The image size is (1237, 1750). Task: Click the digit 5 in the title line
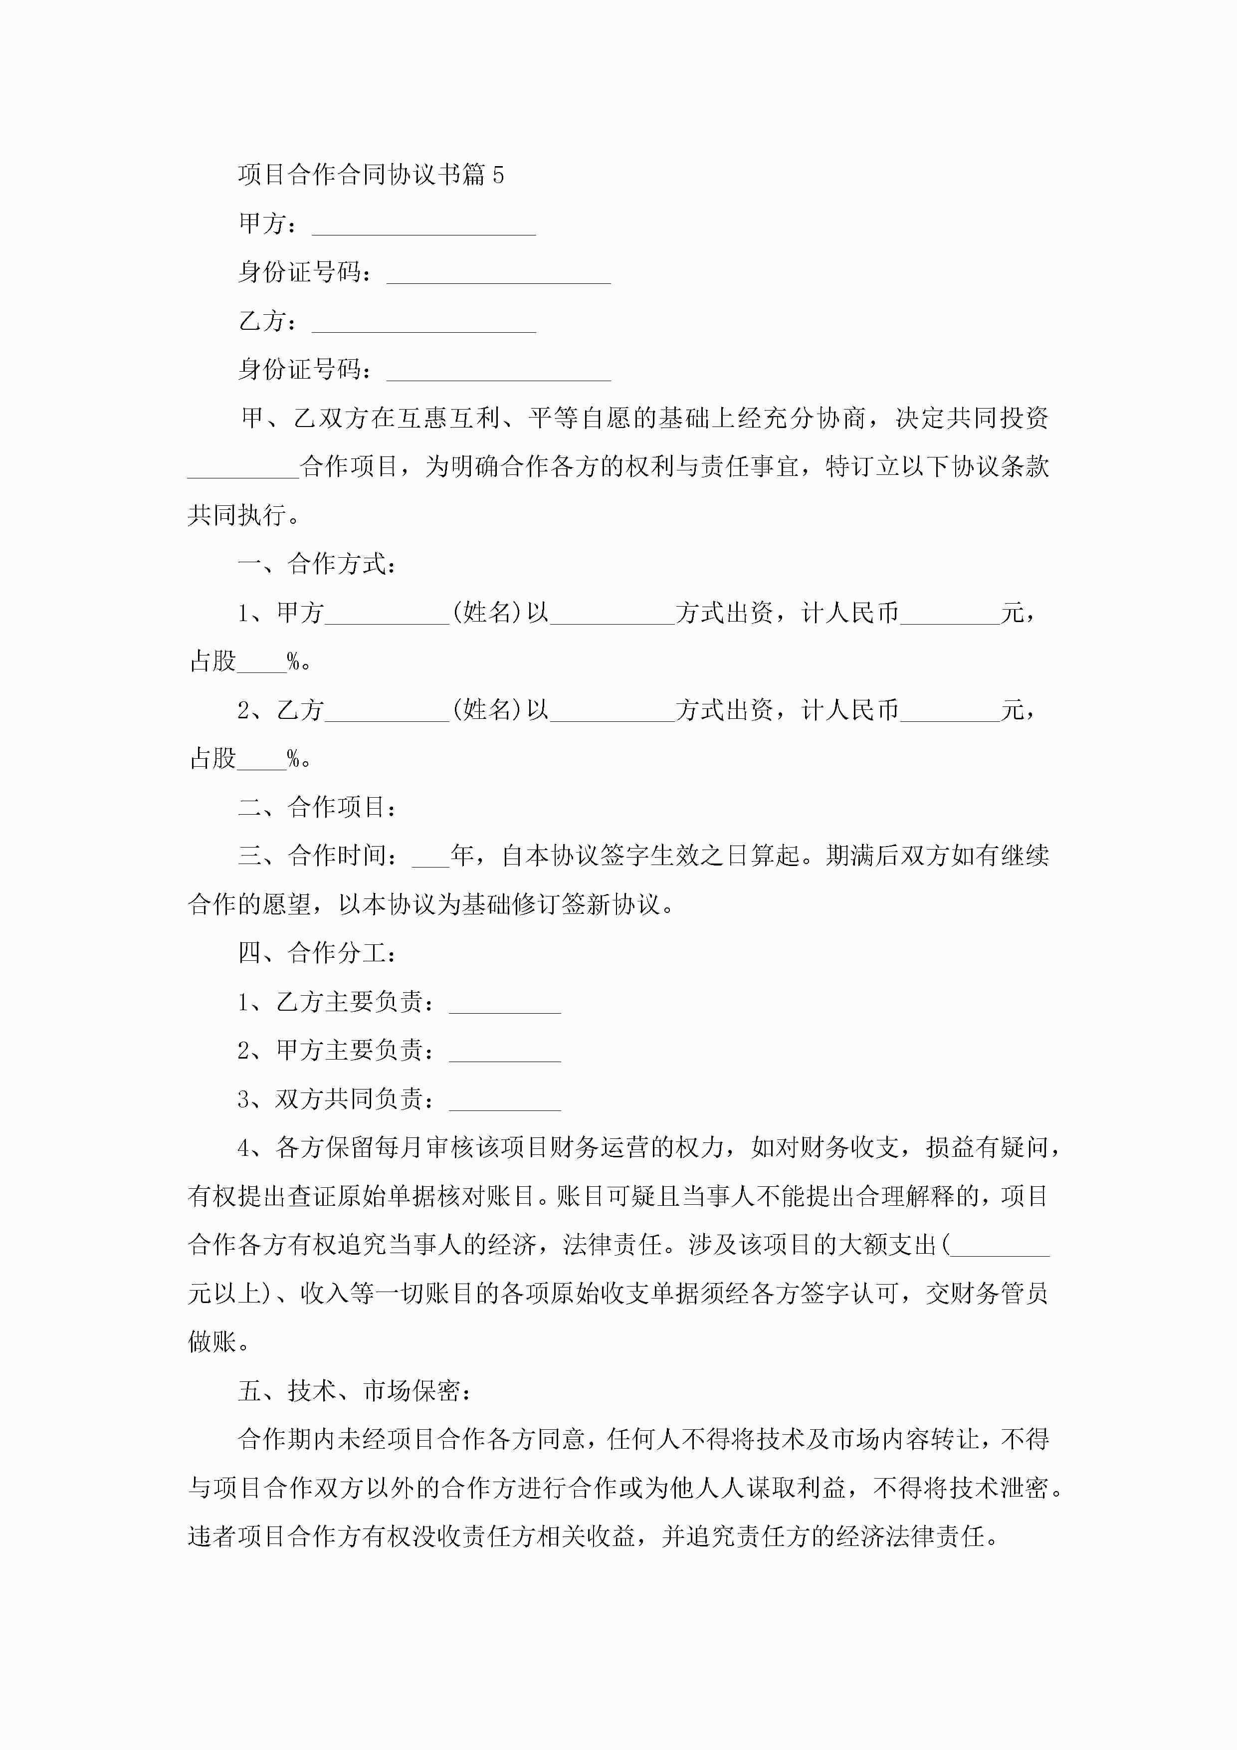[498, 175]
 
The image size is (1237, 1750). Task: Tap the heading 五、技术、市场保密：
[355, 1391]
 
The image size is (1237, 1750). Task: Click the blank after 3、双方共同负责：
[505, 1103]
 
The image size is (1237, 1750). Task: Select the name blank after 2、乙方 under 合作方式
[387, 714]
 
